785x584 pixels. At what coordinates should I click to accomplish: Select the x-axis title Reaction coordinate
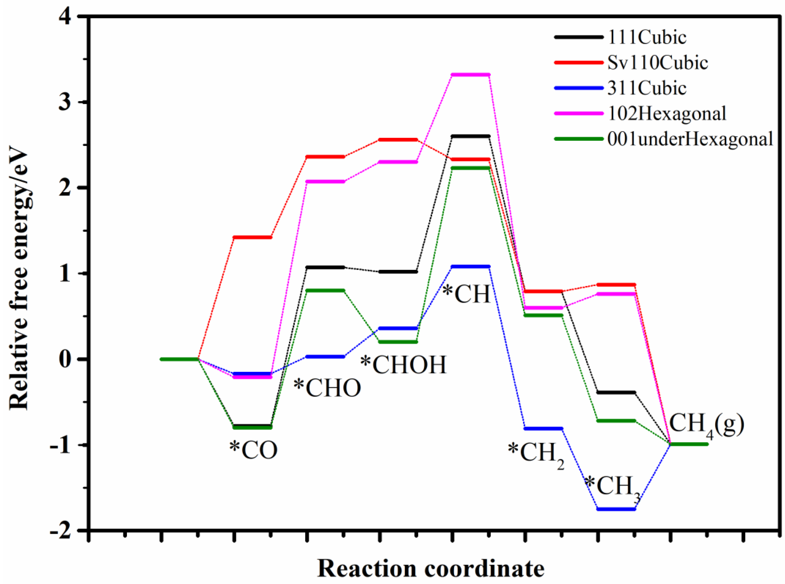coord(431,568)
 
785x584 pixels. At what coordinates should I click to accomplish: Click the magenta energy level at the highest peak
coord(471,75)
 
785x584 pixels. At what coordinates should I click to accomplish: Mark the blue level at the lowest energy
coord(616,509)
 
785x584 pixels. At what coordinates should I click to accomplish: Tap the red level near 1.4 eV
coord(252,237)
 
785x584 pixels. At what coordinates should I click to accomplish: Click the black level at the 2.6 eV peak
coord(471,136)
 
